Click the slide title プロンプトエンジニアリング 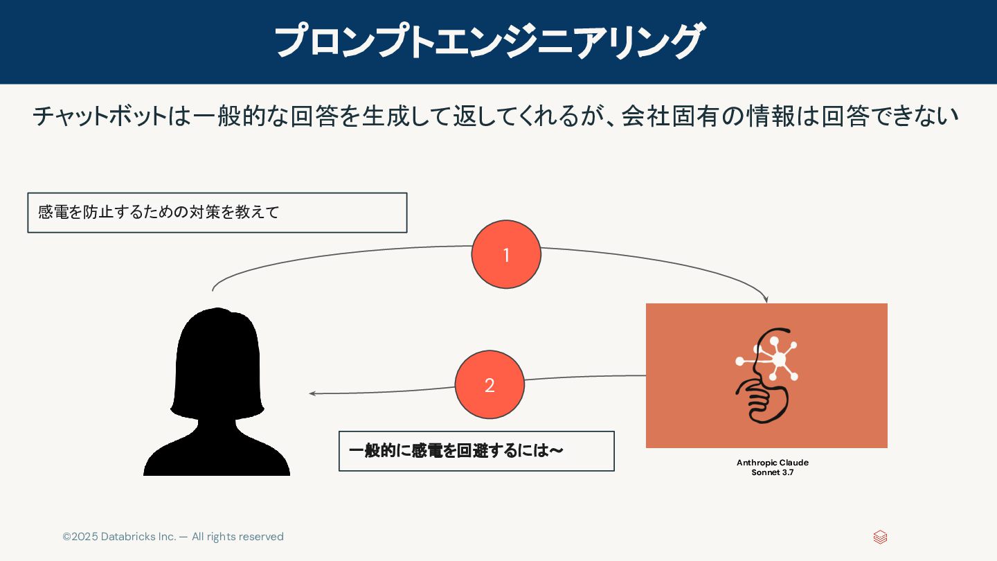pyautogui.click(x=489, y=42)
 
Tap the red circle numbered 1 pyautogui.click(x=506, y=255)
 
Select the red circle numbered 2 pyautogui.click(x=489, y=385)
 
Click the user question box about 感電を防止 pyautogui.click(x=217, y=213)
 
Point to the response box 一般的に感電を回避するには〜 pyautogui.click(x=476, y=452)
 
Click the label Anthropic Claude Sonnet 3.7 pyautogui.click(x=772, y=467)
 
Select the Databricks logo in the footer pyautogui.click(x=880, y=537)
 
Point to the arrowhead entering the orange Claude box pyautogui.click(x=766, y=300)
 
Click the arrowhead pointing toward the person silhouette pyautogui.click(x=312, y=393)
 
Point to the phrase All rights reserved pyautogui.click(x=237, y=537)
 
